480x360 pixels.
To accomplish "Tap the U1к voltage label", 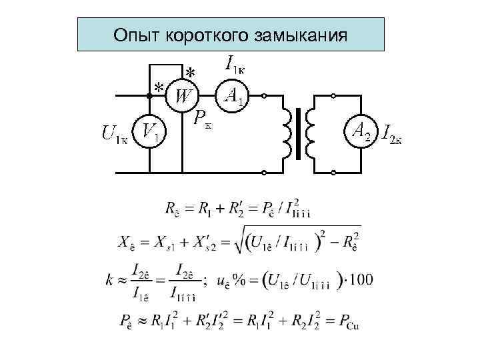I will (115, 135).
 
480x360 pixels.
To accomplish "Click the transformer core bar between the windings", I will (299, 134).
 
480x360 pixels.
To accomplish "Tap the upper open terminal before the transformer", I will (265, 97).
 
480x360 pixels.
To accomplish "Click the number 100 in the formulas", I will (361, 278).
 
